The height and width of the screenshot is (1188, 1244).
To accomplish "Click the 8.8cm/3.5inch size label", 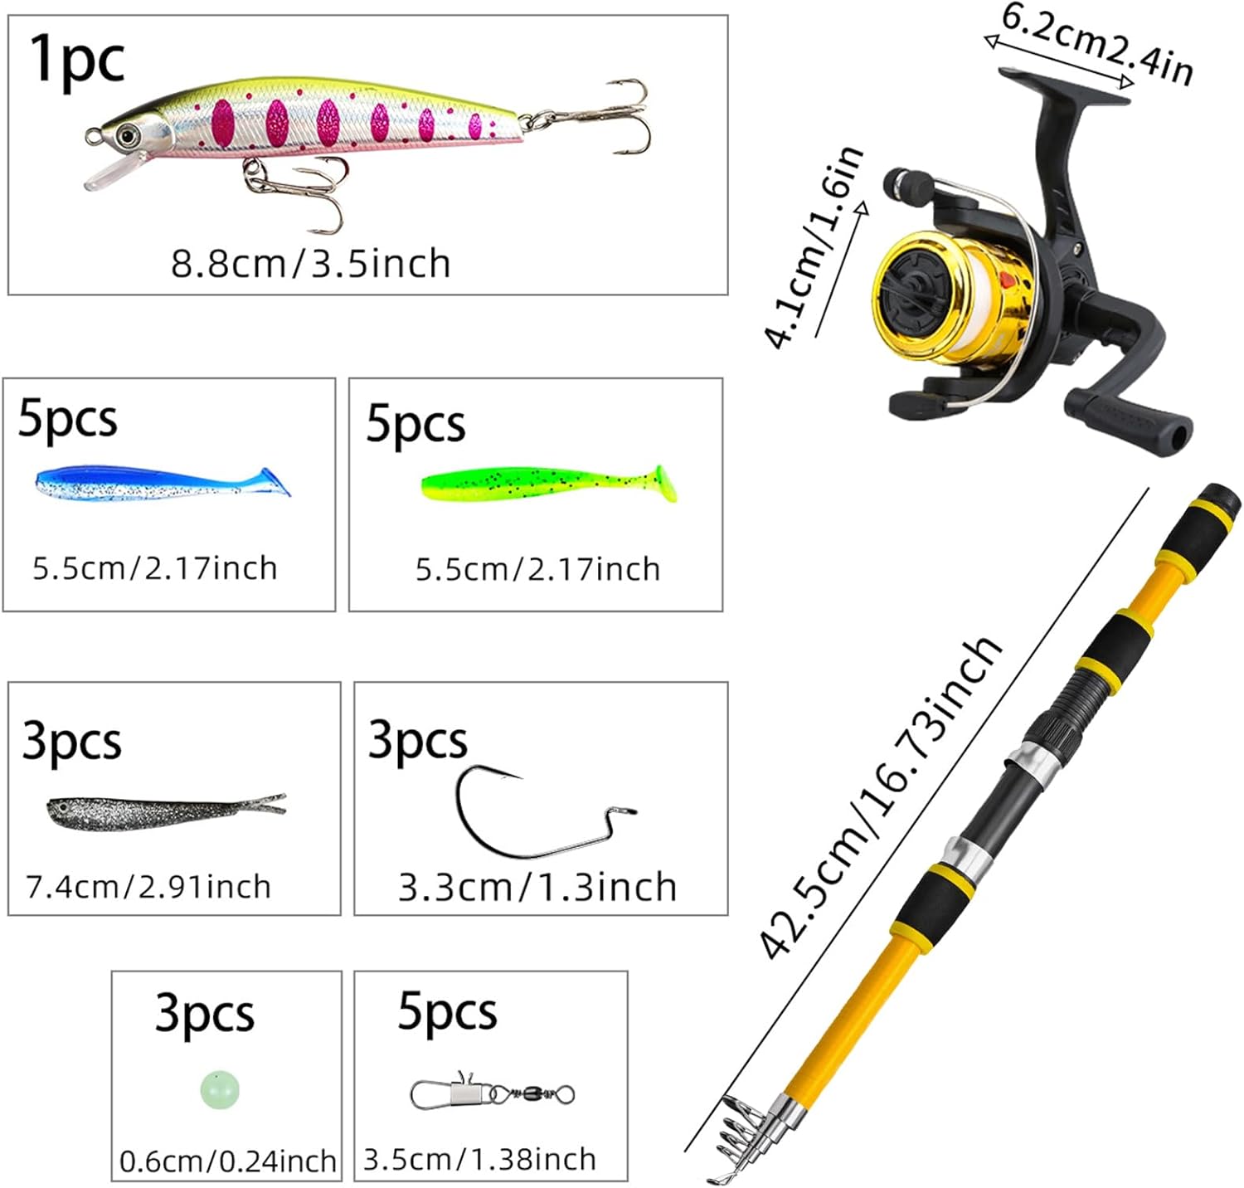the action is (311, 264).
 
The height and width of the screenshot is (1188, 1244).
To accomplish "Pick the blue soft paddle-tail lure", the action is (163, 483).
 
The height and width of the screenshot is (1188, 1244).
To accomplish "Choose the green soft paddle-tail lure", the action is (549, 484).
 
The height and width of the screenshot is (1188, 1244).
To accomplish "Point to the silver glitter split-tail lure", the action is (166, 811).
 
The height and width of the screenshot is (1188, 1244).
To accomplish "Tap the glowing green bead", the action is (220, 1088).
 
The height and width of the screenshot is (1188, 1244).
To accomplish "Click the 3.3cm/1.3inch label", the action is (537, 888).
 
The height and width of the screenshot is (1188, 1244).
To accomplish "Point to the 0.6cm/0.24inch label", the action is (228, 1161).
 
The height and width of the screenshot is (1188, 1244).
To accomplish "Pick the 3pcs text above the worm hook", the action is (417, 740).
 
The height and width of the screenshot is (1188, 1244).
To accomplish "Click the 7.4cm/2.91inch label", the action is (148, 887).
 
